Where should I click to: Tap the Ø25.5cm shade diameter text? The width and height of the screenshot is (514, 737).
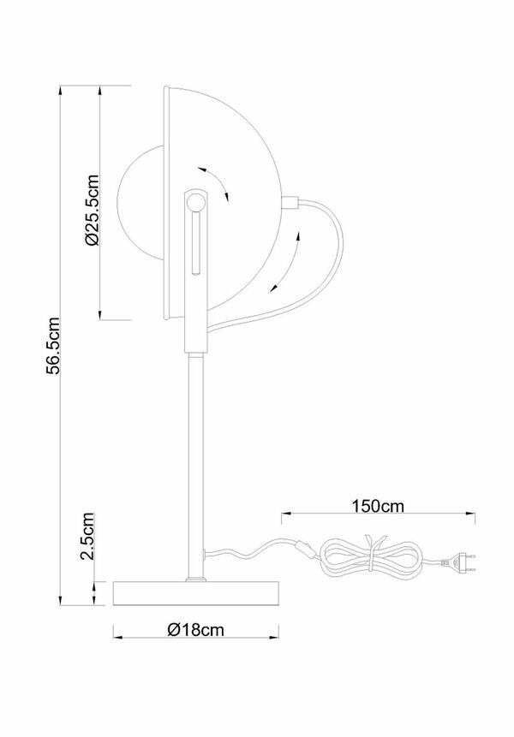click(93, 209)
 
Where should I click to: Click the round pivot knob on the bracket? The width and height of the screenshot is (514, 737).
click(196, 203)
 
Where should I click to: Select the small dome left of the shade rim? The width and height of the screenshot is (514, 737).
click(137, 202)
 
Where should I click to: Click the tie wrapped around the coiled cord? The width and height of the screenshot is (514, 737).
click(370, 548)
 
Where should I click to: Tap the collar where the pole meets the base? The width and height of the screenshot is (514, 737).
click(195, 579)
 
